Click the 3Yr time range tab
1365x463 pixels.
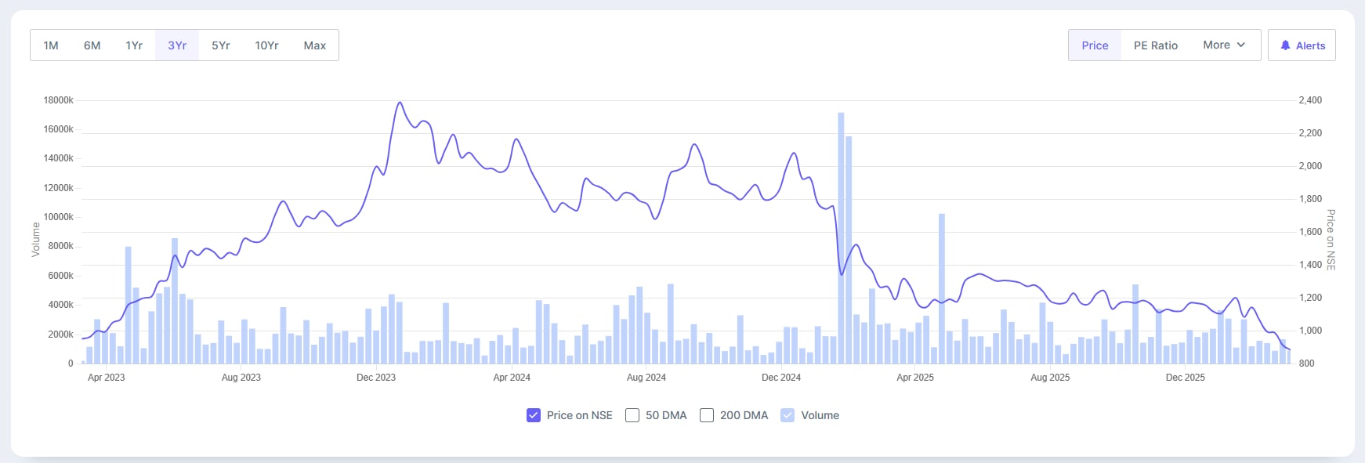click(177, 45)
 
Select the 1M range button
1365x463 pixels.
click(51, 45)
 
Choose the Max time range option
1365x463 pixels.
click(314, 45)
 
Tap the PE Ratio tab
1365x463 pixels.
click(1155, 45)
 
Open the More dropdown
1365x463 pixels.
click(1223, 45)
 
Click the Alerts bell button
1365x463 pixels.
click(1302, 45)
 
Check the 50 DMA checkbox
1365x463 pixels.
click(632, 415)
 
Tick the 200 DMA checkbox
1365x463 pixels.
click(707, 415)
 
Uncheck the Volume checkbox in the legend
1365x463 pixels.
click(787, 415)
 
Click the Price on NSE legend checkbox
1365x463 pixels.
click(534, 415)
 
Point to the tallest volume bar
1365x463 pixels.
click(841, 235)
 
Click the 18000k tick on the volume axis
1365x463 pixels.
click(59, 100)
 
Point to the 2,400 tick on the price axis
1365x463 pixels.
click(1310, 100)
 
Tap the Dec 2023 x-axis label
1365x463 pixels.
click(376, 378)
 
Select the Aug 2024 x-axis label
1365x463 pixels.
click(646, 378)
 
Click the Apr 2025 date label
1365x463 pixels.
click(915, 378)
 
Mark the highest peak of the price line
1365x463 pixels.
click(400, 103)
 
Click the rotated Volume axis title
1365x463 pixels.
click(35, 239)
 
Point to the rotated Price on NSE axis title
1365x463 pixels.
click(1331, 240)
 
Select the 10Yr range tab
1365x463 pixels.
click(266, 45)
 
